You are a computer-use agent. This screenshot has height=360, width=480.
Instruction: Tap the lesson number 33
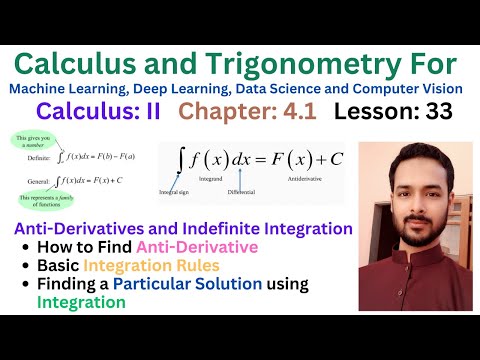pyautogui.click(x=452, y=113)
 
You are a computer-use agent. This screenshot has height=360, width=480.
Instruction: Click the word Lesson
pyautogui.click(x=376, y=113)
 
